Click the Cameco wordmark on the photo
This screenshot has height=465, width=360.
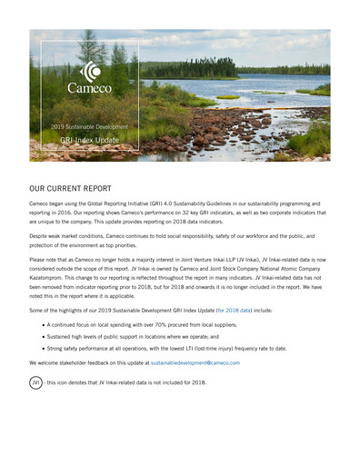[x=89, y=89]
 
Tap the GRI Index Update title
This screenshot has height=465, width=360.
[x=83, y=141]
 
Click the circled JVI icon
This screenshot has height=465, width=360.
[x=36, y=382]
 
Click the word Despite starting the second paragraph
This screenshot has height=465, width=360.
[x=41, y=234]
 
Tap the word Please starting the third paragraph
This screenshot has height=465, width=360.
[x=40, y=259]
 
